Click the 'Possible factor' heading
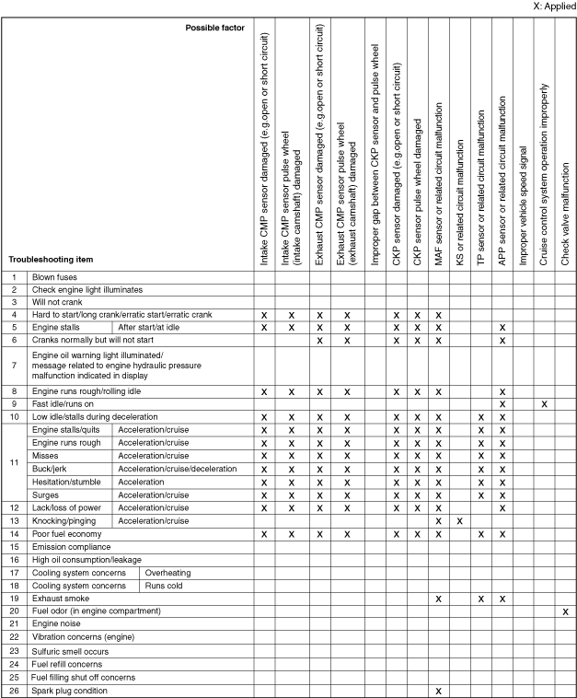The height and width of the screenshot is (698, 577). coord(214,28)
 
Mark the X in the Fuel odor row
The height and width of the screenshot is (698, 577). coord(565,611)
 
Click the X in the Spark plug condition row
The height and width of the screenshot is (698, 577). coord(439,691)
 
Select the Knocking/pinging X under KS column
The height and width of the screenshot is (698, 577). coord(460,521)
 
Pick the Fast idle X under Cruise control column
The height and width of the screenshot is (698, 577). coord(544,404)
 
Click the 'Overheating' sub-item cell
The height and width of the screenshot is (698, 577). coord(167,572)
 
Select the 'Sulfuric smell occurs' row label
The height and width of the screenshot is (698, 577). coord(70,650)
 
